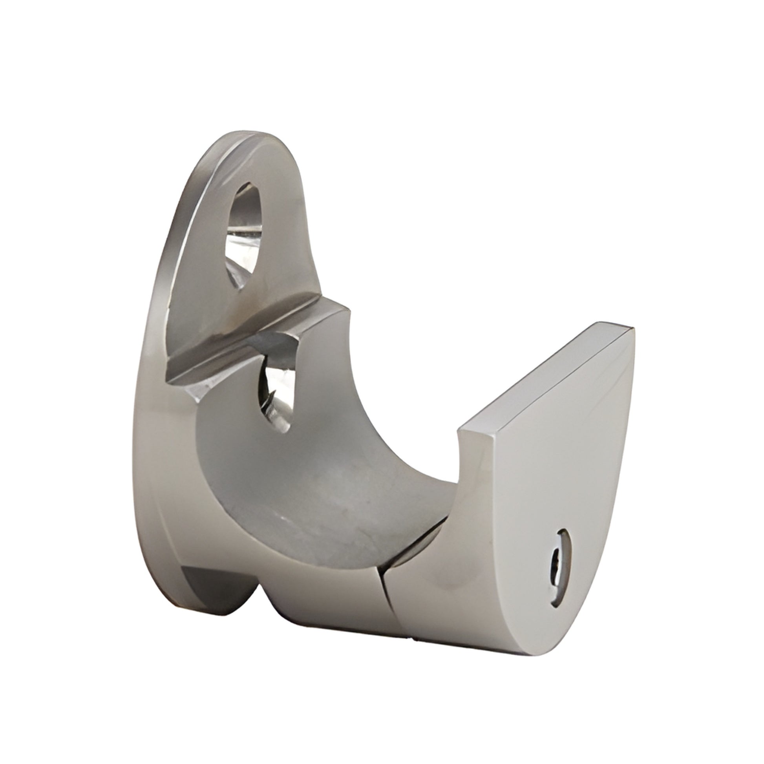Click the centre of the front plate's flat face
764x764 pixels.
tap(546, 494)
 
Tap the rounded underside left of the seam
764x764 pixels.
tap(324, 601)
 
